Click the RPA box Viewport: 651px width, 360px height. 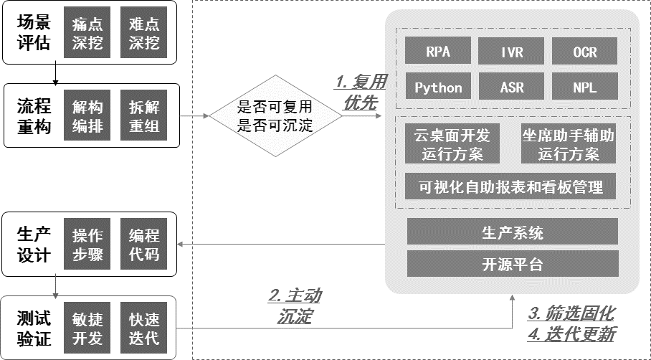pyautogui.click(x=438, y=52)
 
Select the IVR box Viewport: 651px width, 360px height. pyautogui.click(x=512, y=52)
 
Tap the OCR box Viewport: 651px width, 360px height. pyautogui.click(x=585, y=52)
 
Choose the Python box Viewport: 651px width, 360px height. pyautogui.click(x=438, y=88)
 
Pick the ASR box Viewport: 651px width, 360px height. pyautogui.click(x=512, y=88)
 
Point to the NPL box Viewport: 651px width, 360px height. pyautogui.click(x=585, y=88)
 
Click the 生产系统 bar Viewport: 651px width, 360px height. pyautogui.click(x=512, y=232)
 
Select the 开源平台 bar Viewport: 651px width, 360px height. pyautogui.click(x=512, y=264)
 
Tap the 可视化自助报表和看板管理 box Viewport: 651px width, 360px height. pyautogui.click(x=512, y=188)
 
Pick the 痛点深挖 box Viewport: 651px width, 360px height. pyautogui.click(x=87, y=34)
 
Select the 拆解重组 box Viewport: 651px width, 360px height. pyautogui.click(x=144, y=116)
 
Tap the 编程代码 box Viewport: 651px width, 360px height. pyautogui.click(x=144, y=245)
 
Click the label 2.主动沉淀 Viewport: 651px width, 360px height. pyautogui.click(x=295, y=305)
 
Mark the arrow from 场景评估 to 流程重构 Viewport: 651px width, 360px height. pyautogui.click(x=55, y=73)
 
